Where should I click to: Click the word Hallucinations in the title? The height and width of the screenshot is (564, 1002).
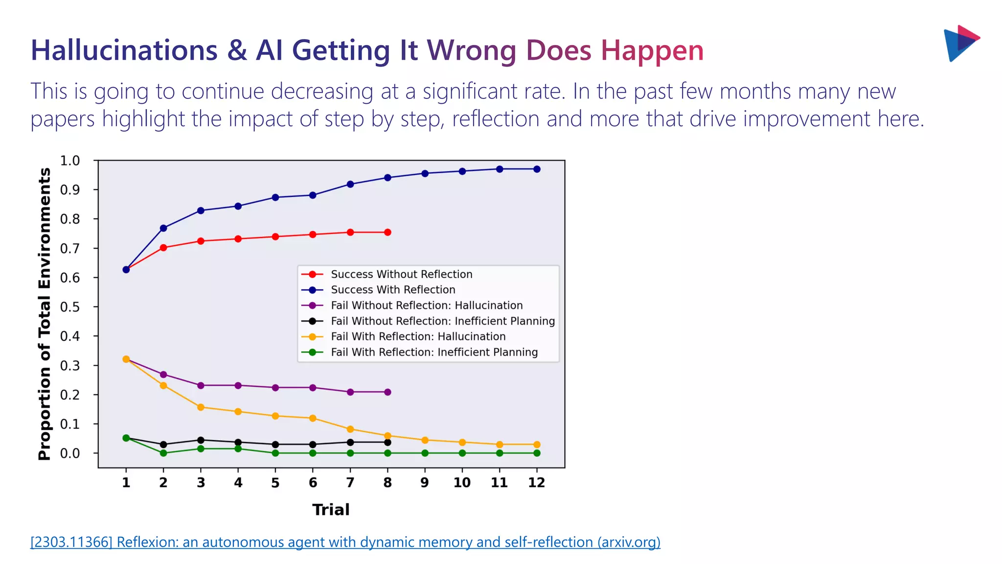(124, 51)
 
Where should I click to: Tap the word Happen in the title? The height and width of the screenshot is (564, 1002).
(652, 51)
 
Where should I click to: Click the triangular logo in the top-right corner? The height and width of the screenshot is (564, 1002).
(960, 43)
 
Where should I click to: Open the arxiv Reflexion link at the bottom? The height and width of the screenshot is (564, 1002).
(345, 542)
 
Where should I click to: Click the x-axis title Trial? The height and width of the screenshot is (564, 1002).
(331, 510)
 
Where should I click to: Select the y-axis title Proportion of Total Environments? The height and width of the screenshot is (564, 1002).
(45, 314)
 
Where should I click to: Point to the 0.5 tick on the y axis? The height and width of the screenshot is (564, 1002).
(69, 307)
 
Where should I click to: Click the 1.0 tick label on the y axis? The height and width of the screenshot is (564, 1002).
(69, 161)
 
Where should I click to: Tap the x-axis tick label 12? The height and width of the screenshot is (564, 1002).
(536, 483)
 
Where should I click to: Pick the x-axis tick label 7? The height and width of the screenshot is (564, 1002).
(350, 483)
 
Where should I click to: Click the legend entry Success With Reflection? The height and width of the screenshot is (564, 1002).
(393, 290)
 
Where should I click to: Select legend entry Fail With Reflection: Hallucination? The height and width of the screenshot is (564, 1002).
(418, 336)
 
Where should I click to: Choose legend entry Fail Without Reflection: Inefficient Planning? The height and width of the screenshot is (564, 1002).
(443, 321)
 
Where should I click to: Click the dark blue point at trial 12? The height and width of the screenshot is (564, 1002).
(537, 169)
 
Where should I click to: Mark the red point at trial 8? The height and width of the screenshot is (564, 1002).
(387, 233)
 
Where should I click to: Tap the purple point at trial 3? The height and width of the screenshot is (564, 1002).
(201, 385)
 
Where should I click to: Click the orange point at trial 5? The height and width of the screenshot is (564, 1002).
(275, 416)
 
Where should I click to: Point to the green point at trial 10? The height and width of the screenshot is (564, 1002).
(462, 453)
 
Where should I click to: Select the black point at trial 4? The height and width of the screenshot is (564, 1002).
(238, 443)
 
